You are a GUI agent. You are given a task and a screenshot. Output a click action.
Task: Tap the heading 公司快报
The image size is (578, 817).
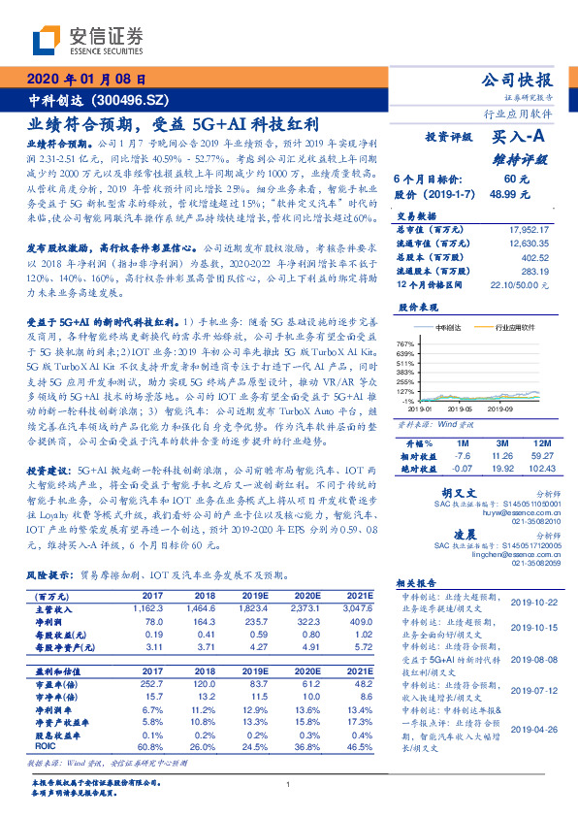pos(518,80)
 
